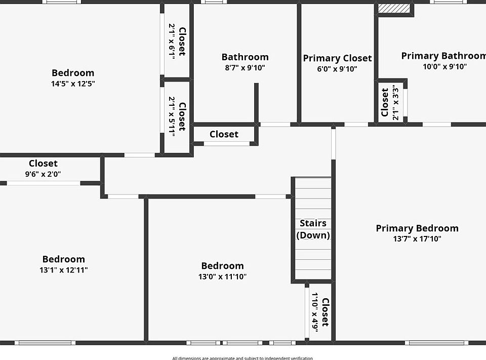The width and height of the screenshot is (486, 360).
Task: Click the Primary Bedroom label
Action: click(417, 228)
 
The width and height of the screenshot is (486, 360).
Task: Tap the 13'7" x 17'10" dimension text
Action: click(417, 239)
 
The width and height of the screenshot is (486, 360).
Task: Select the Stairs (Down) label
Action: click(313, 229)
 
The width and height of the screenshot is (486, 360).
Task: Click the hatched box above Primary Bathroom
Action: click(394, 9)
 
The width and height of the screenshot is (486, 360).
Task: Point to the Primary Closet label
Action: click(337, 58)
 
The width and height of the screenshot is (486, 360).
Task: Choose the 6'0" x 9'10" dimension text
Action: click(337, 69)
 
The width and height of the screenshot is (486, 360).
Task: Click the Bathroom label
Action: click(245, 57)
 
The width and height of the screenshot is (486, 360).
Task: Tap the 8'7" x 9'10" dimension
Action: click(245, 67)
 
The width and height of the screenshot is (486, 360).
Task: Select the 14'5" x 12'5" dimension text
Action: click(73, 84)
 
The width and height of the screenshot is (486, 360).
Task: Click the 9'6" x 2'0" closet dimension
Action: click(43, 174)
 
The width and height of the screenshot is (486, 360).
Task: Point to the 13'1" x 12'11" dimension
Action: click(63, 270)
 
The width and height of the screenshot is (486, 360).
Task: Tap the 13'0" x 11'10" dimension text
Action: click(222, 276)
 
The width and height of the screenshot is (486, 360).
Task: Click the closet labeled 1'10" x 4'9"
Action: click(320, 312)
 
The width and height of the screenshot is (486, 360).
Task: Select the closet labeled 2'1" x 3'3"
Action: click(390, 102)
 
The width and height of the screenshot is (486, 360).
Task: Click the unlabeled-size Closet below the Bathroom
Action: click(224, 134)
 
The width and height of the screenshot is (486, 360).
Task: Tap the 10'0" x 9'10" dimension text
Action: click(445, 66)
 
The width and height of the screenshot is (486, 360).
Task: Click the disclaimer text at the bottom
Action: click(242, 358)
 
